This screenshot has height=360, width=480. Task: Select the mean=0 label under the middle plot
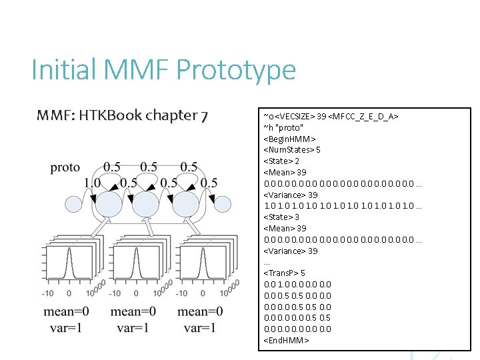(x=133, y=312)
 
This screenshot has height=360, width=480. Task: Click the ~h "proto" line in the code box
(x=284, y=127)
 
